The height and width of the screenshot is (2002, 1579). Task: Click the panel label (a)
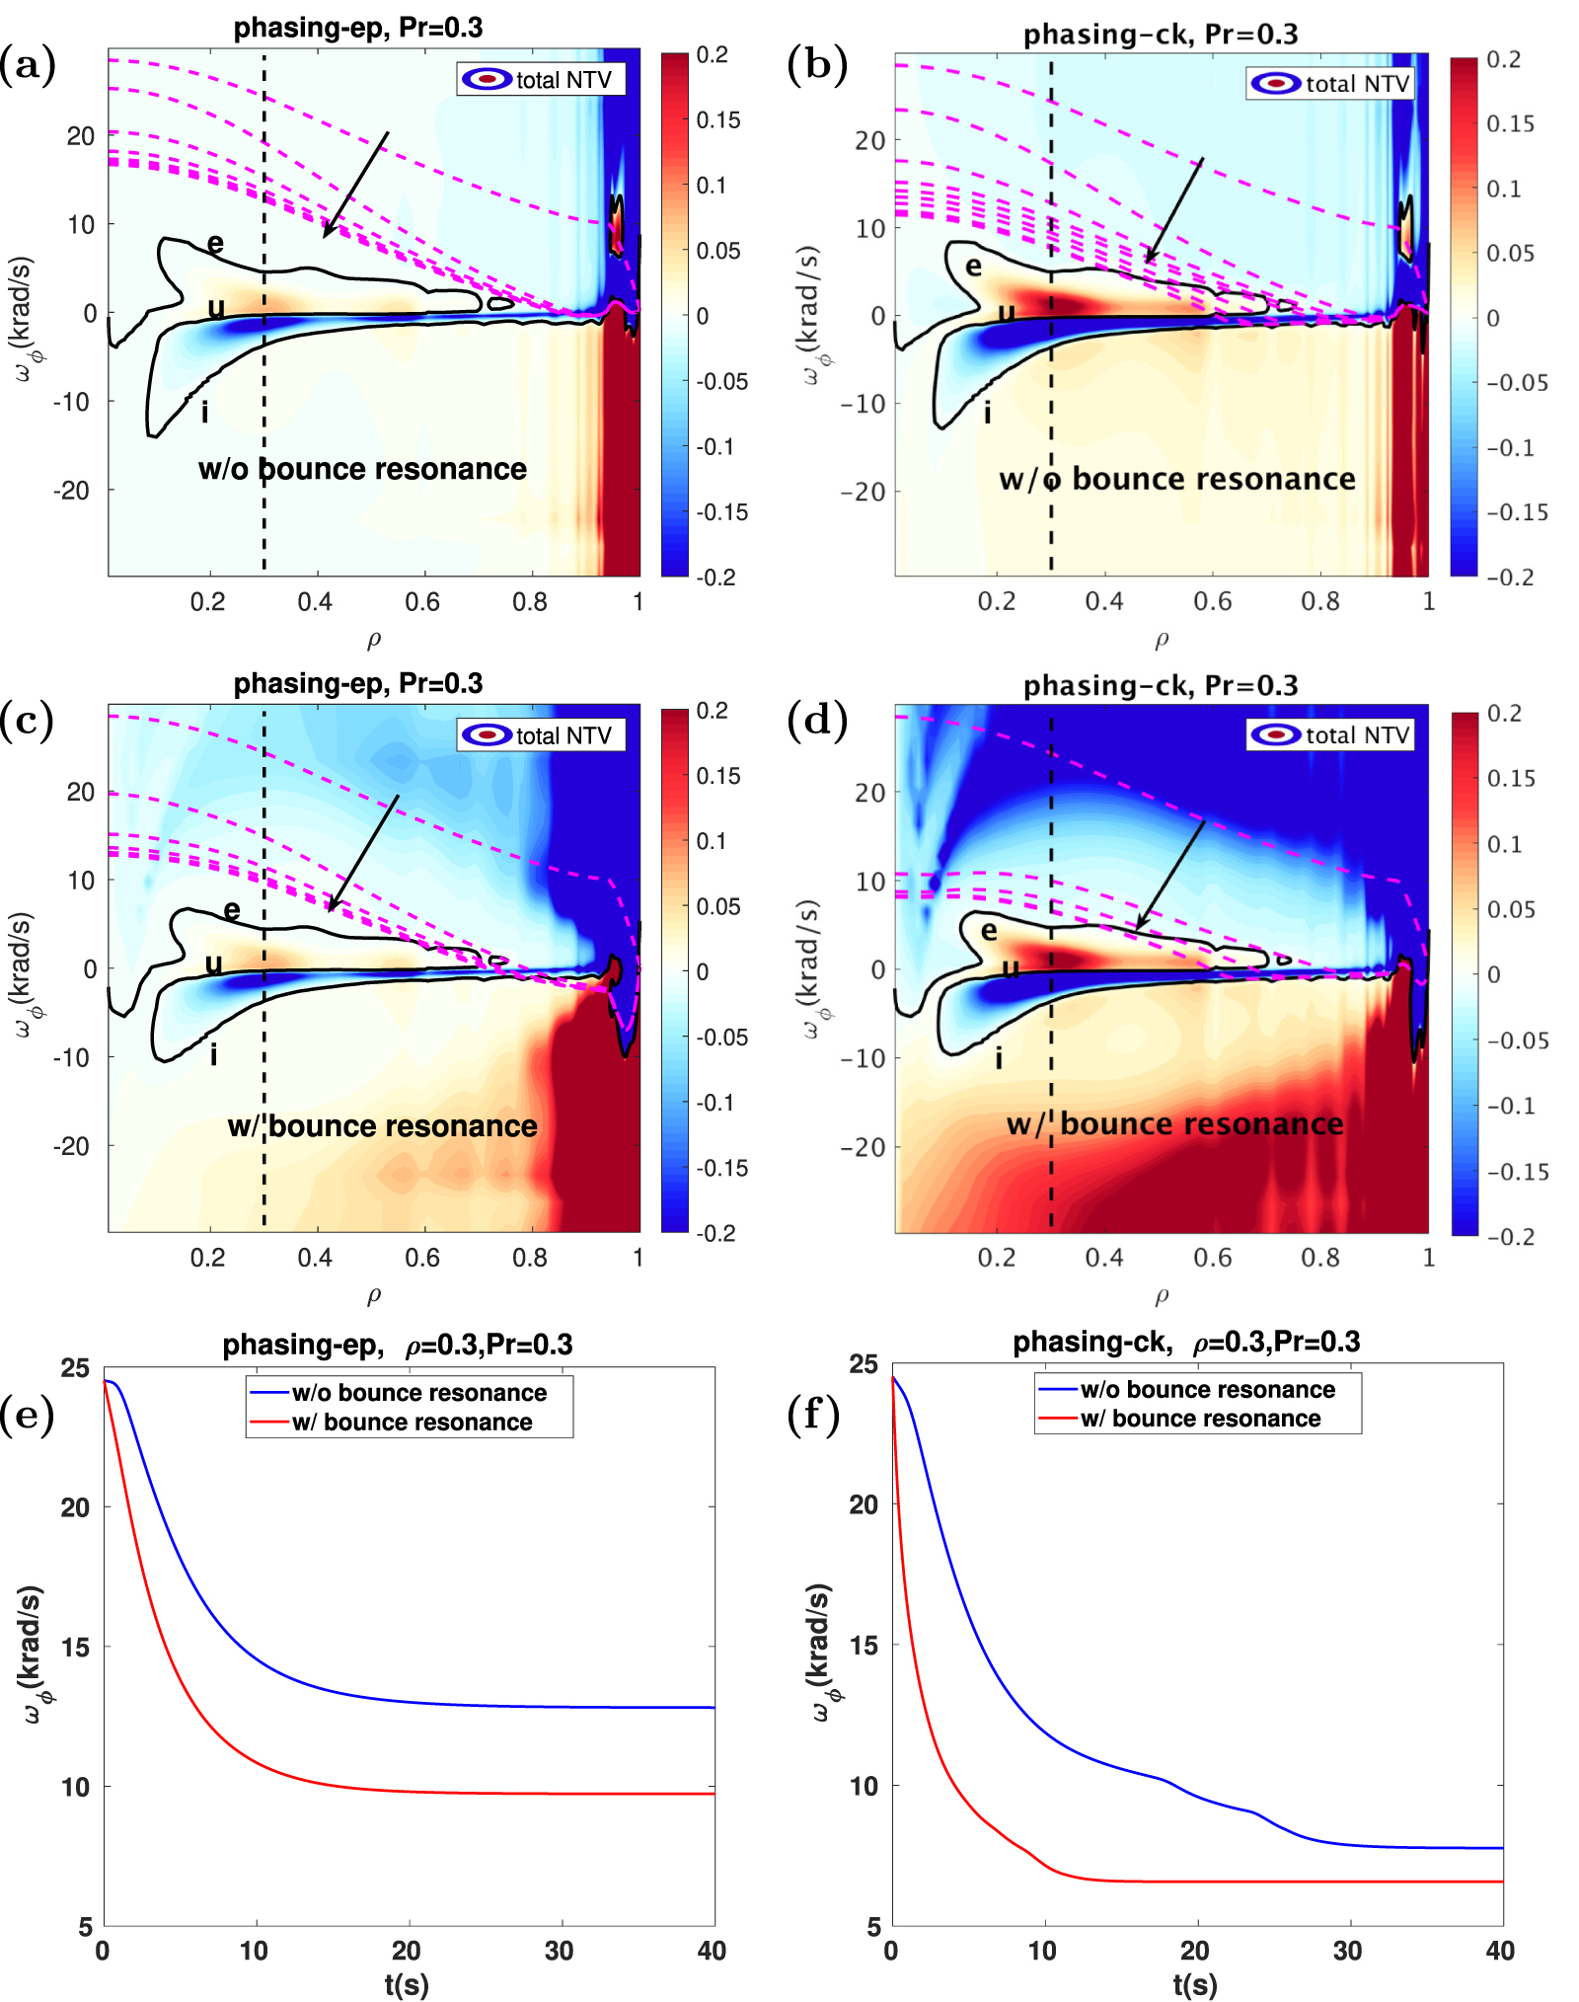28,65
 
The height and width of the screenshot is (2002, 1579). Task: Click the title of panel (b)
1160,35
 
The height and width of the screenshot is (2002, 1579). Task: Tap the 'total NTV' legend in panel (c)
541,735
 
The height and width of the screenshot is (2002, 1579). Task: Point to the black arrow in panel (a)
356,185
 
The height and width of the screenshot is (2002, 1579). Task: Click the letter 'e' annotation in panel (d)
989,930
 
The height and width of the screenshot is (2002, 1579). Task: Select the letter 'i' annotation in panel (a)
204,412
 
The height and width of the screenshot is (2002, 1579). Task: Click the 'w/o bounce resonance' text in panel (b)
1176,480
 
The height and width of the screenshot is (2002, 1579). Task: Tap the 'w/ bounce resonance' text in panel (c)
382,1126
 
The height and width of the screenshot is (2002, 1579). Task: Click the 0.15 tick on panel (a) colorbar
718,120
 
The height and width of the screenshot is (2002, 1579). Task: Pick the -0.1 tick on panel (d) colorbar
1511,1106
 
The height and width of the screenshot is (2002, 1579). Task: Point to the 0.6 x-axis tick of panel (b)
1212,601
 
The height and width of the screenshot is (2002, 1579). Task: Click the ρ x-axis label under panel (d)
1162,1294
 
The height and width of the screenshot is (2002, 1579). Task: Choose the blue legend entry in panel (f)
1206,1390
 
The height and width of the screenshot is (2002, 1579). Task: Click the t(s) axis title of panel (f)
1194,1984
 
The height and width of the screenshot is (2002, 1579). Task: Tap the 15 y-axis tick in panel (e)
75,1647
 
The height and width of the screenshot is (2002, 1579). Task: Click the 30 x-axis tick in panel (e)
559,1951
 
